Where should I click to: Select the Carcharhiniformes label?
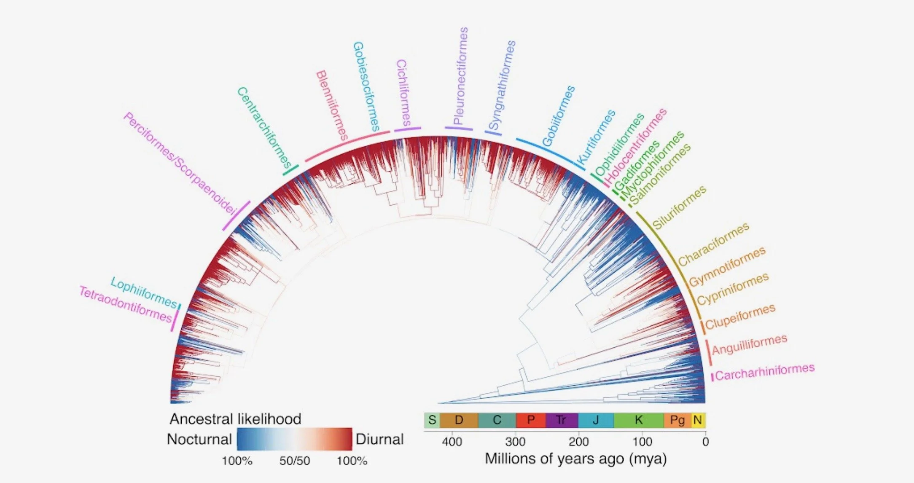point(765,372)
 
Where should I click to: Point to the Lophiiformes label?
point(144,292)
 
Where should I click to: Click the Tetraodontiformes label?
point(126,303)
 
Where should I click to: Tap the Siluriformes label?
point(679,207)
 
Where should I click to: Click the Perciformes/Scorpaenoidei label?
point(180,164)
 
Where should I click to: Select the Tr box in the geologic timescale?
point(561,420)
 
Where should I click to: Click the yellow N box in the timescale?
point(698,420)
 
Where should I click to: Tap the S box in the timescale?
point(432,420)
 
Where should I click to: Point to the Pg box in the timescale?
point(677,420)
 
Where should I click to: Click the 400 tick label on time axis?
point(452,442)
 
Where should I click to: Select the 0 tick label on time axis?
point(705,442)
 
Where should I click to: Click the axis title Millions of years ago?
point(575,459)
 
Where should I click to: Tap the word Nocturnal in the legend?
point(199,439)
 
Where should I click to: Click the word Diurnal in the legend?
point(379,439)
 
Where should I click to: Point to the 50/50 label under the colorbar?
point(294,461)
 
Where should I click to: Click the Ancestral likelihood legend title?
point(235,419)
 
